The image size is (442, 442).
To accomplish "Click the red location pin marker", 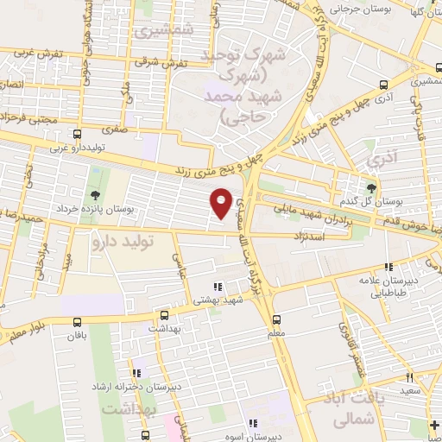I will (x=221, y=202).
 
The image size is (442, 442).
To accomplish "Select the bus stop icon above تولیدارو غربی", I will (x=78, y=134).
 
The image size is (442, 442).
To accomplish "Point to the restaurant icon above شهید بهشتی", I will (x=218, y=287).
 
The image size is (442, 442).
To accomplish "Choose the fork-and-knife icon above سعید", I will (x=409, y=377).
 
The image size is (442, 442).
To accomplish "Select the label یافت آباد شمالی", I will (x=355, y=408).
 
